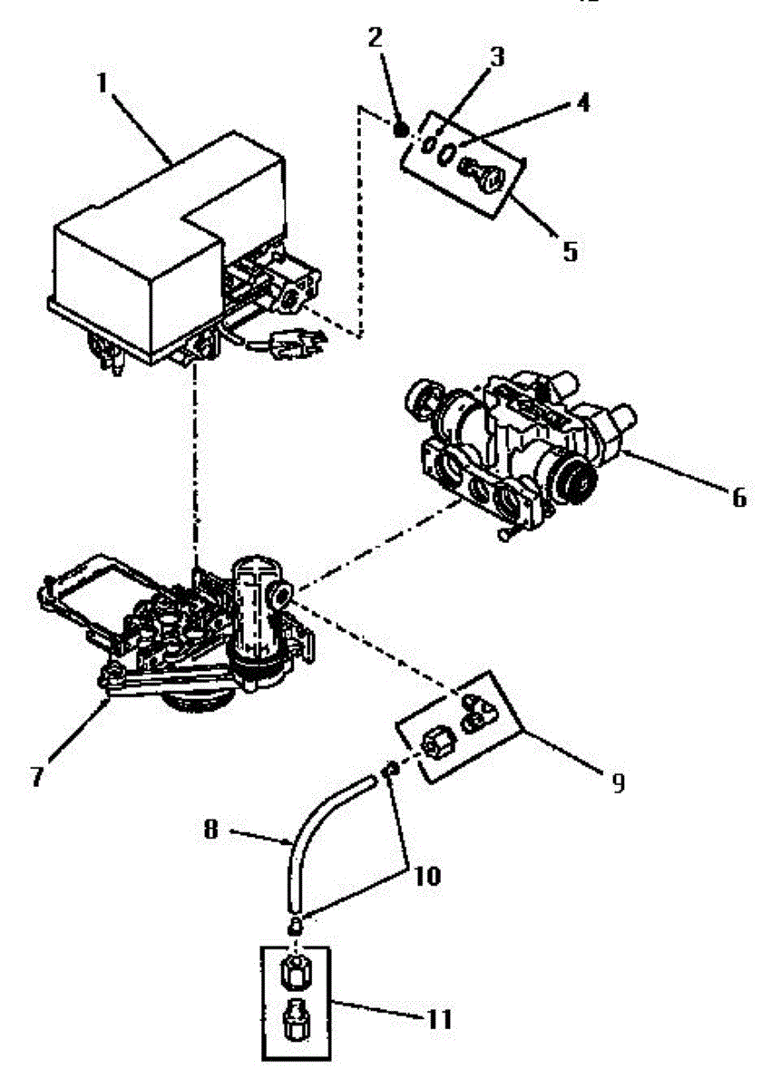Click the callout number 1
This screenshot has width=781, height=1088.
coord(102,83)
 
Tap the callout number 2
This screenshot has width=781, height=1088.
coord(376,39)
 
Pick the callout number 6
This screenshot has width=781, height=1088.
coord(738,497)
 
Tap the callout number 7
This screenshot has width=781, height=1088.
coord(37,777)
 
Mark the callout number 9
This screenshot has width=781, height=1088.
coord(618,782)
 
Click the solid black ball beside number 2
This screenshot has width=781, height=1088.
coord(400,129)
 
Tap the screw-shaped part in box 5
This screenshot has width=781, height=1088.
coord(481,173)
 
